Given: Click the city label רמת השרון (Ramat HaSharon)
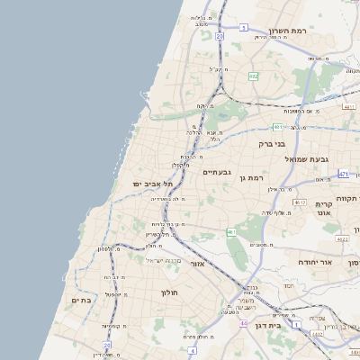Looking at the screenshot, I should (289, 31).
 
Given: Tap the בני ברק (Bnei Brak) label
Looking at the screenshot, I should (271, 143).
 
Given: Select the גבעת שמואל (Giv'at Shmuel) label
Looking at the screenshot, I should (304, 158).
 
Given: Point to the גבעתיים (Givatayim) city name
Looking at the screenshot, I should (218, 172).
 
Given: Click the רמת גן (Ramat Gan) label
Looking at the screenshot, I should (251, 178).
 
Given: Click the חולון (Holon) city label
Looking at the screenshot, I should (170, 292).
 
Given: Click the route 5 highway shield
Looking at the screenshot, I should (244, 28).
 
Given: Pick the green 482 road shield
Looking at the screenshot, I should (254, 76).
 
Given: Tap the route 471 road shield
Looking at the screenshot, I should (344, 172).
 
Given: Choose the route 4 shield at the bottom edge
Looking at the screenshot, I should (192, 349).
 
